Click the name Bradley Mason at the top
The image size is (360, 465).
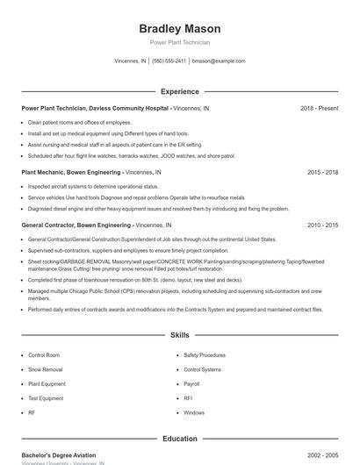click(x=179, y=29)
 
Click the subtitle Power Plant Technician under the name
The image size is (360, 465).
click(x=179, y=42)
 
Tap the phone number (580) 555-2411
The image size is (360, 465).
click(x=169, y=61)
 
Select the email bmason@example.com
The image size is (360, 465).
click(x=219, y=61)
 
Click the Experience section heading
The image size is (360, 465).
click(x=179, y=91)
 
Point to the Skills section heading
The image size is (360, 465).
click(x=179, y=335)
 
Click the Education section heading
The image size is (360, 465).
click(x=179, y=439)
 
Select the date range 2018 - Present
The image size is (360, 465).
click(x=319, y=108)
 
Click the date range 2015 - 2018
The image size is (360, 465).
click(x=322, y=173)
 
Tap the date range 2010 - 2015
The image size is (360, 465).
click(x=322, y=225)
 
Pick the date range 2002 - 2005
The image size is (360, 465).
click(x=322, y=455)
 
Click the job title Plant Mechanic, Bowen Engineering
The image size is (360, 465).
click(x=71, y=173)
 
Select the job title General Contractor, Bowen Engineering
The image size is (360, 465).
click(x=76, y=225)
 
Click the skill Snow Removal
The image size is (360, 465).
click(x=45, y=369)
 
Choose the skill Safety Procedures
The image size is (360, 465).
click(x=205, y=355)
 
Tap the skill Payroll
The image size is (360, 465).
click(x=192, y=383)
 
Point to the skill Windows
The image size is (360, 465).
click(x=194, y=412)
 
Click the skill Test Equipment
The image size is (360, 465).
click(x=46, y=398)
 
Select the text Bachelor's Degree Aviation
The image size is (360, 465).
click(x=59, y=455)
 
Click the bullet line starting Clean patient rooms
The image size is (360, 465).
click(x=79, y=122)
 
